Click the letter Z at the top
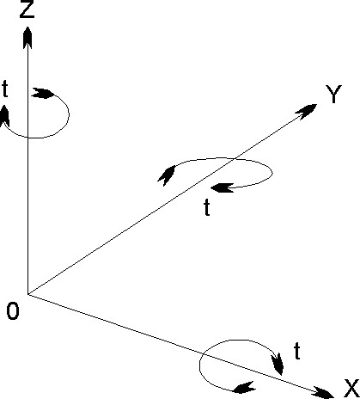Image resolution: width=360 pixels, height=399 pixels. pos(27,9)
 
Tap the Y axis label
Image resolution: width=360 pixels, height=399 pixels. pos(333,94)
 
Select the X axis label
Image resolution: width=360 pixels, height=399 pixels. pos(351,389)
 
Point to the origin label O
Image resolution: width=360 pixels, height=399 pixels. pos(13,311)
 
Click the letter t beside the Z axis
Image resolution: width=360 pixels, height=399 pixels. pos(5,89)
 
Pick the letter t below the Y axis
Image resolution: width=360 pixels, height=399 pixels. pos(207,207)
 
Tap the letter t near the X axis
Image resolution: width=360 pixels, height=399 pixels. pos(297,351)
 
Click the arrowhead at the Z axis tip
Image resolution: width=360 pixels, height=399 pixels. pos(27,37)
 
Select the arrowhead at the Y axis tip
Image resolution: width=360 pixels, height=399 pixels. pos(307,111)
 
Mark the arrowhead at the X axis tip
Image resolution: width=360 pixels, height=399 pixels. pos(324,393)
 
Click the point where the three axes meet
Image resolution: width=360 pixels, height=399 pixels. pos(27,294)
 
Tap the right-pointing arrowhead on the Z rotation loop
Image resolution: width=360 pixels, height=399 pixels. pos(43,94)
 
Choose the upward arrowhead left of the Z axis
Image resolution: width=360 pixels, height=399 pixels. pos(4,115)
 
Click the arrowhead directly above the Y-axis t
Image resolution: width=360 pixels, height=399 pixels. pos(223,187)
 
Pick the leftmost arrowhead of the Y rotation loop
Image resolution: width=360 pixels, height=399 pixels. pos(167,175)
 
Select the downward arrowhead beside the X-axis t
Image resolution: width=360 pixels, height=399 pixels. pos(278,364)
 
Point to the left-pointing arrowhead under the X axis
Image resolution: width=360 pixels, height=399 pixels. pos(244,387)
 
